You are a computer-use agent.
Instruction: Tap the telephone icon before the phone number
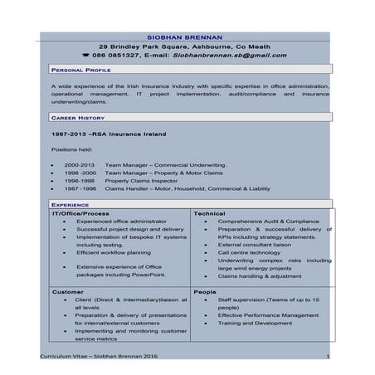click(110, 56)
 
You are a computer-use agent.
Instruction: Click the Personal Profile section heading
click(81, 72)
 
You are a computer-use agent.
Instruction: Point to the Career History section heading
click(77, 119)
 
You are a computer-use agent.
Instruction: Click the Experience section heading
click(71, 204)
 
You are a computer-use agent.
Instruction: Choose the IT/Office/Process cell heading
click(80, 213)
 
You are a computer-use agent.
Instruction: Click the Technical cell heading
click(209, 213)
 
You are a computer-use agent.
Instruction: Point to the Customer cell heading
click(68, 292)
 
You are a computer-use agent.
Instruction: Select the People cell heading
click(205, 292)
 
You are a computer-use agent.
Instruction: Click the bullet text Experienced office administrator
click(121, 222)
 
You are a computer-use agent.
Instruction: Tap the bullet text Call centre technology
click(251, 252)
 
